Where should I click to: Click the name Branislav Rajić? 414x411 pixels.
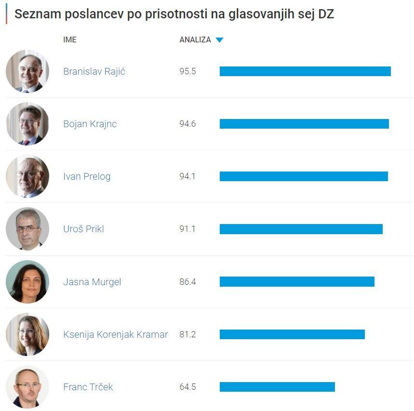pos(94,71)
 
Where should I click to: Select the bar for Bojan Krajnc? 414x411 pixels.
pos(304,124)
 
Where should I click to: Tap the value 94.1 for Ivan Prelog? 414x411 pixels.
pos(187,176)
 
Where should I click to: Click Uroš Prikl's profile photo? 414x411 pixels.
pos(27,229)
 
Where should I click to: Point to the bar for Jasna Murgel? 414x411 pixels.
pos(297,281)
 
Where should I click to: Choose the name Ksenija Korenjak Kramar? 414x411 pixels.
pos(115,334)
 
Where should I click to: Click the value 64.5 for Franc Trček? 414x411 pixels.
pos(187,387)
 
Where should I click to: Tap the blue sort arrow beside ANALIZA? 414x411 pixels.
pos(219,40)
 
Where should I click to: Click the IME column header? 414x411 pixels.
pos(70,40)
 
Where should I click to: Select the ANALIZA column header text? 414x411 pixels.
pos(195,40)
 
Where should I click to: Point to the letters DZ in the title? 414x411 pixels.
pos(326,14)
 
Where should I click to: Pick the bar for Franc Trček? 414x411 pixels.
pos(277,387)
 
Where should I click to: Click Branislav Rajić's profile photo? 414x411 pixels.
pos(27,71)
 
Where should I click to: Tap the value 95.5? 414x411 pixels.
pos(187,71)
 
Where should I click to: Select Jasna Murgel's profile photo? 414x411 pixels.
pos(27,281)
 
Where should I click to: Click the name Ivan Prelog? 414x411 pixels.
pos(87,176)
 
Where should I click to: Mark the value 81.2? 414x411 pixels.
pos(187,334)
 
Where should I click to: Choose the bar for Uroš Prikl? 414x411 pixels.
pos(301,229)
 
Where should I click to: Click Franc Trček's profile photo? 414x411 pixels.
pos(27,387)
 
